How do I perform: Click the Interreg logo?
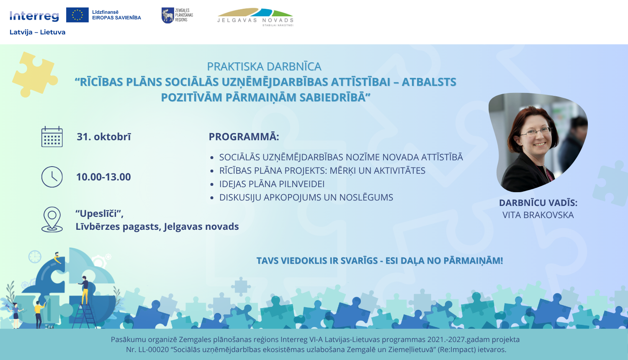[34, 16]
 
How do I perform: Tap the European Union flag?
[77, 15]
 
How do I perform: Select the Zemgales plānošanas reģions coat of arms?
[167, 15]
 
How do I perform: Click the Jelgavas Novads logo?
[255, 17]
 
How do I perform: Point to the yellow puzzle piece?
[35, 75]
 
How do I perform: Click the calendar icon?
[52, 137]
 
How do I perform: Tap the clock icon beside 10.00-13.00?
[52, 177]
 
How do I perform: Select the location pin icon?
[52, 219]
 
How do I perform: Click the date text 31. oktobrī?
[104, 137]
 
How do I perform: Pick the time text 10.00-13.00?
[103, 177]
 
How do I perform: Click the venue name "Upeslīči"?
[99, 213]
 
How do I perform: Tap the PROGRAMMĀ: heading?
[244, 137]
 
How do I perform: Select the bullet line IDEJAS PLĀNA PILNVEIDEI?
[272, 184]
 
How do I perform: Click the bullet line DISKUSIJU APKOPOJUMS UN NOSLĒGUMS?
[306, 198]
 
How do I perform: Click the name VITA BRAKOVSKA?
[538, 215]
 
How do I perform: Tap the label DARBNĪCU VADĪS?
[538, 203]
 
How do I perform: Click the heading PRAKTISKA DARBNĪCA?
[264, 67]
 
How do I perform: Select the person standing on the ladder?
[85, 289]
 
